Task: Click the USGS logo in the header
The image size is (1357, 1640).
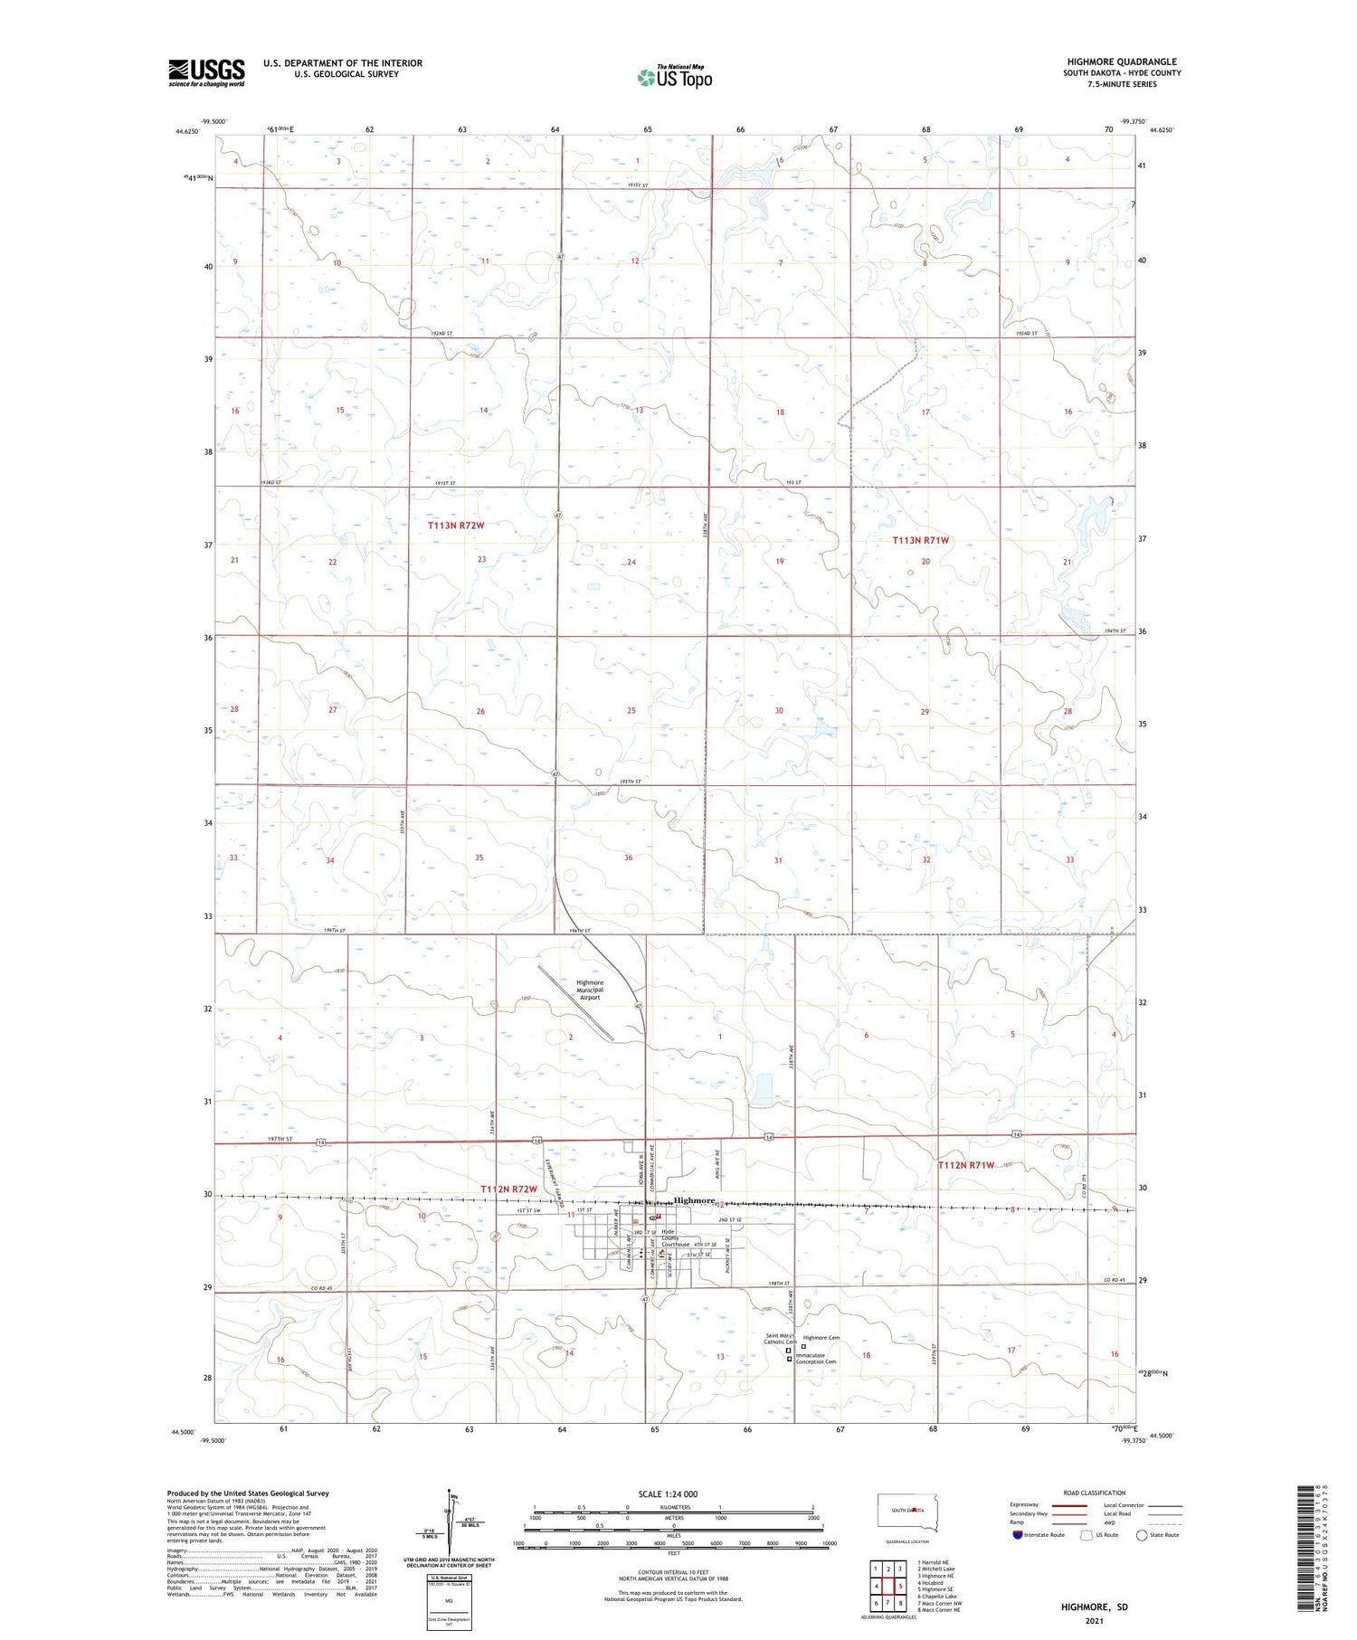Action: click(206, 72)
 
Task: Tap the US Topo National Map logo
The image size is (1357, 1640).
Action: click(675, 77)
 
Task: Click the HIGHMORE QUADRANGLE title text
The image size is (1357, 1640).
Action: click(1122, 62)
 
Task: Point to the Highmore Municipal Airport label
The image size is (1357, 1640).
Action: click(590, 990)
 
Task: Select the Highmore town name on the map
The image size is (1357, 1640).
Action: click(694, 1200)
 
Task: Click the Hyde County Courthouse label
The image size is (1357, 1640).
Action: click(675, 1237)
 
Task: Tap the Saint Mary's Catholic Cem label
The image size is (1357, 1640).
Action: click(780, 1339)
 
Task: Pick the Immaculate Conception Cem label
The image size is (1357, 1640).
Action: click(815, 1359)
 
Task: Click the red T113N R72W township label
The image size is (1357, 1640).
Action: click(456, 526)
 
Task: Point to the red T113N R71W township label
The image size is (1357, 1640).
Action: click(921, 540)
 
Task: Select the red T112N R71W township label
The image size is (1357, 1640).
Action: click(966, 1165)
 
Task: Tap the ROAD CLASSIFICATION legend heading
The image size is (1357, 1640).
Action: click(1095, 1493)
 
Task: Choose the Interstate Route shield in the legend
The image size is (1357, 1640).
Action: click(1018, 1534)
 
